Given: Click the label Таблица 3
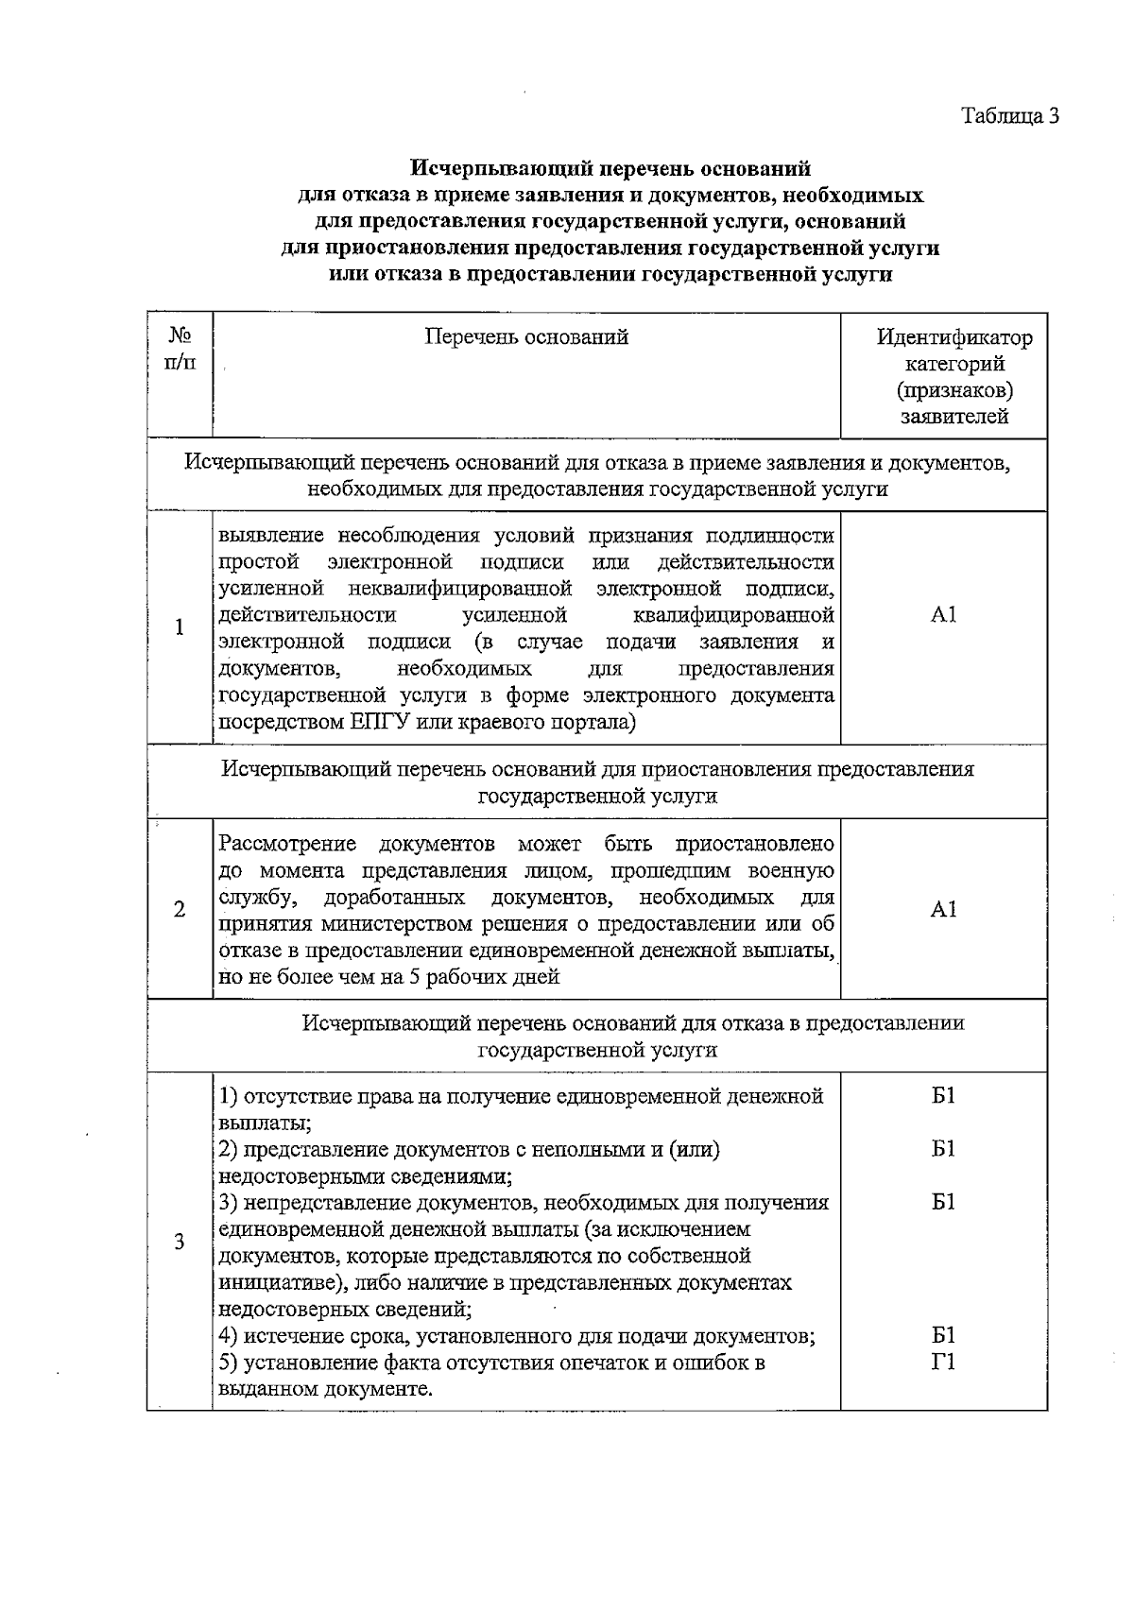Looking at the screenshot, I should coord(1010,116).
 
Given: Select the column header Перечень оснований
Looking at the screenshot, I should coord(526,337).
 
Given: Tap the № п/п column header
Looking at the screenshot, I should coord(180,349).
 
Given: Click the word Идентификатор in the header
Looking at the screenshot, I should coord(954,337).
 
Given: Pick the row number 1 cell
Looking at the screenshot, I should coord(179,627).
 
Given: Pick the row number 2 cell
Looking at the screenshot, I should coord(179,909).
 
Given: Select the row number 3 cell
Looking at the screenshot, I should coord(179,1242).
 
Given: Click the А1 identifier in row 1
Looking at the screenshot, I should coord(943,615).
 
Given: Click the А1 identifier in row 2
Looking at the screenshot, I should coord(943,909).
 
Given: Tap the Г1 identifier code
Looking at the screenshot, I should coord(943,1363).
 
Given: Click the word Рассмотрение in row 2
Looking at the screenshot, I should coord(287,844).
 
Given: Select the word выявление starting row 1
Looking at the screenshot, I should coord(270,537).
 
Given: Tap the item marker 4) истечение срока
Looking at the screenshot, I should coord(228,1336).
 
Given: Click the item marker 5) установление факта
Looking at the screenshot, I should coord(228,1363).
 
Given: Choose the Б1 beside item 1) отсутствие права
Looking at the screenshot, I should coord(943,1096).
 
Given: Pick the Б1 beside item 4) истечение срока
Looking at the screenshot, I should coord(943,1335).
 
